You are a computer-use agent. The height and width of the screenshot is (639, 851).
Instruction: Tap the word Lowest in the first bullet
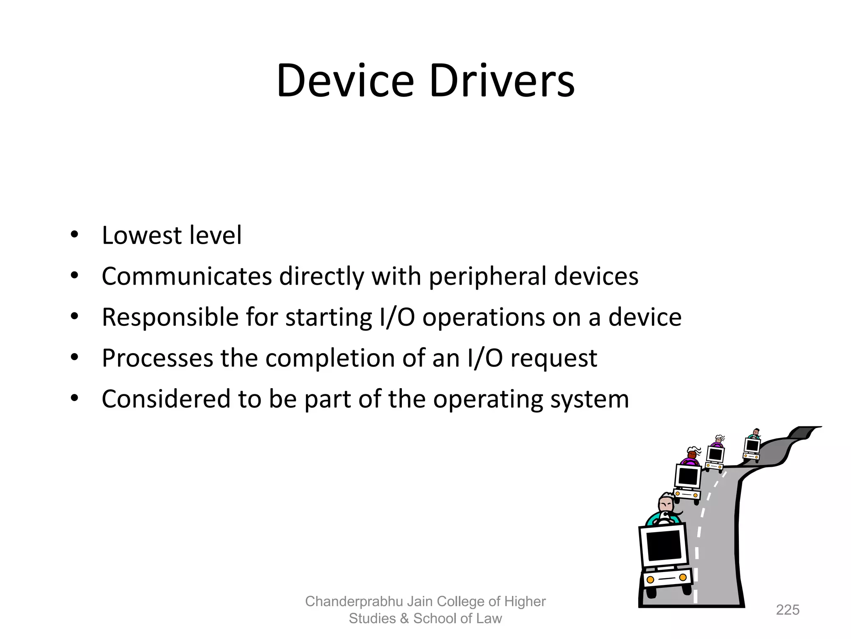coord(142,235)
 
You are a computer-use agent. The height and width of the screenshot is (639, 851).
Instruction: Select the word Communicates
coord(187,276)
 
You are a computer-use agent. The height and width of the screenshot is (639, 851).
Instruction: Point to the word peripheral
coord(487,277)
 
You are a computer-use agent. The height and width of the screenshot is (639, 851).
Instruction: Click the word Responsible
coord(170,317)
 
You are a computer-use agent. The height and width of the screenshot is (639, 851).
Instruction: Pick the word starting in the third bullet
coord(328,318)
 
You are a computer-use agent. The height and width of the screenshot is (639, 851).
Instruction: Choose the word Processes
coord(157,358)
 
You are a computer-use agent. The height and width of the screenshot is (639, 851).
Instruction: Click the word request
coord(553,359)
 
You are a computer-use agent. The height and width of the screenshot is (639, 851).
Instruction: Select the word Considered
coord(166,399)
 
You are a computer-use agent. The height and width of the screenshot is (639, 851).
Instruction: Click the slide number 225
coord(787,610)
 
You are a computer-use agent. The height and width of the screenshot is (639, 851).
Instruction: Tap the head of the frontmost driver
coord(666,504)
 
